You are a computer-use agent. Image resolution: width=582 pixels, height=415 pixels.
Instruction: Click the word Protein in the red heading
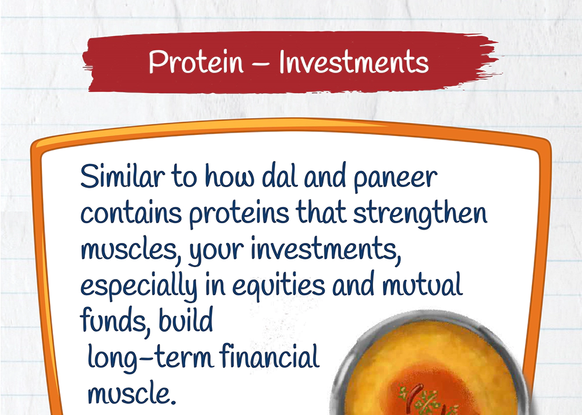(196, 62)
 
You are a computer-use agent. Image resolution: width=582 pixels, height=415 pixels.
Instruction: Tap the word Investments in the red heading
(354, 62)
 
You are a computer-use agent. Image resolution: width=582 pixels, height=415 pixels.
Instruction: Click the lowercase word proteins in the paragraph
(239, 216)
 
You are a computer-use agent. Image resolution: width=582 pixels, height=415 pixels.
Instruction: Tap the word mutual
(423, 285)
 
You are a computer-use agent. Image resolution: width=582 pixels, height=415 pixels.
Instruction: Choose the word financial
(269, 356)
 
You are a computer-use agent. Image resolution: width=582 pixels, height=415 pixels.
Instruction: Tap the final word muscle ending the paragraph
(132, 393)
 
